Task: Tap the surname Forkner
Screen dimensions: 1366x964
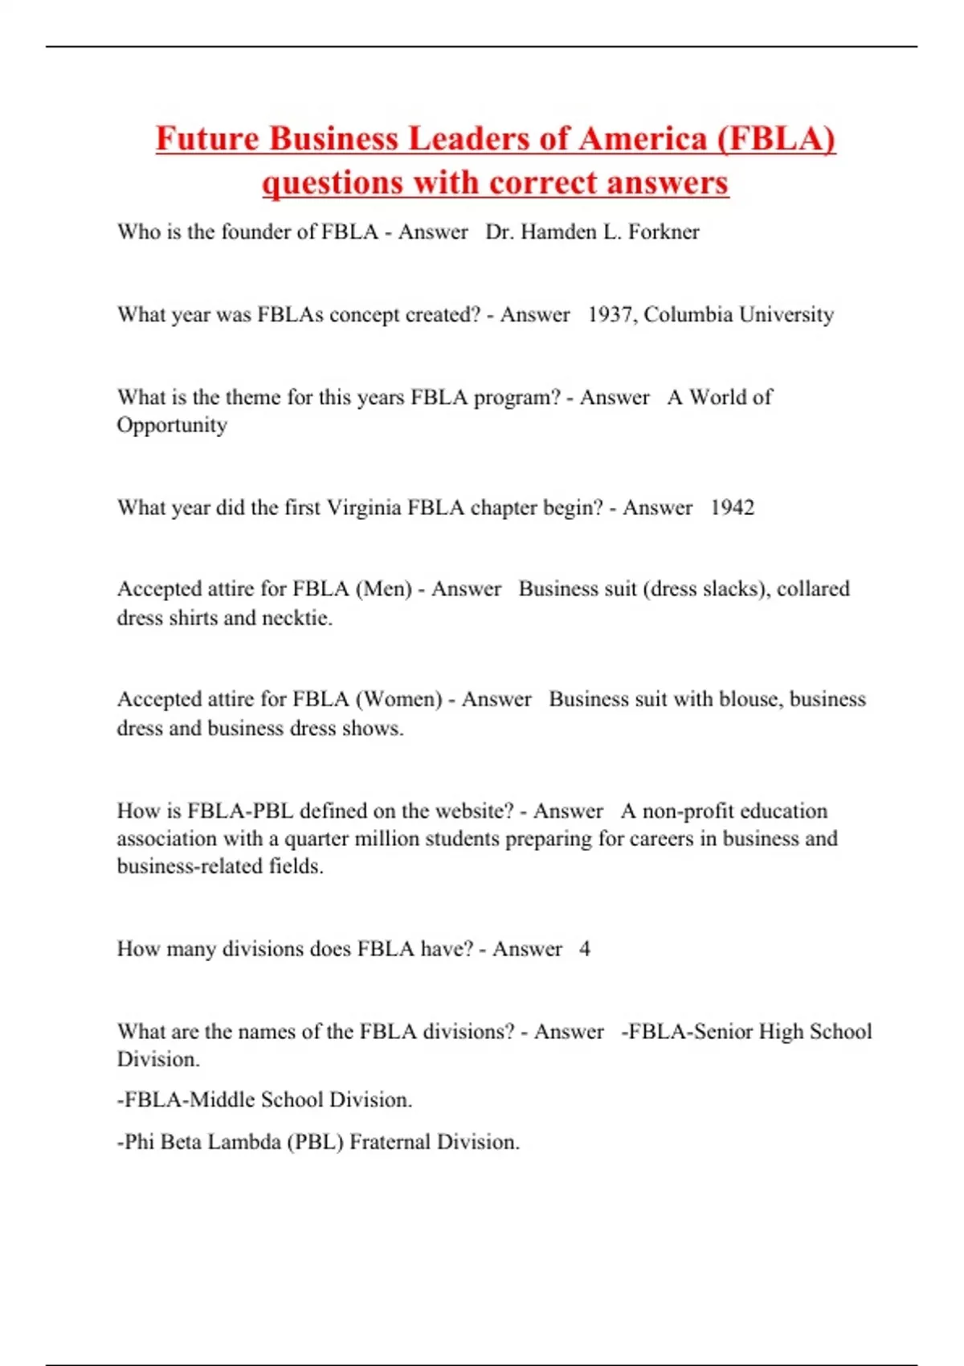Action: point(664,232)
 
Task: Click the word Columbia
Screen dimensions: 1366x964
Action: point(688,314)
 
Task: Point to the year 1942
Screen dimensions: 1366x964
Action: point(732,508)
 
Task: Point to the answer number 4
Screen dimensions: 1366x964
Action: point(585,949)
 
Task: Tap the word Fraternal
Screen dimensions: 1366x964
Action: point(390,1142)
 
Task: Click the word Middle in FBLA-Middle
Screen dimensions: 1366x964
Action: point(219,1099)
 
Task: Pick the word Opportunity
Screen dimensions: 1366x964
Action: point(172,425)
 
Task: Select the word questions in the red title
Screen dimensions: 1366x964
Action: point(331,182)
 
